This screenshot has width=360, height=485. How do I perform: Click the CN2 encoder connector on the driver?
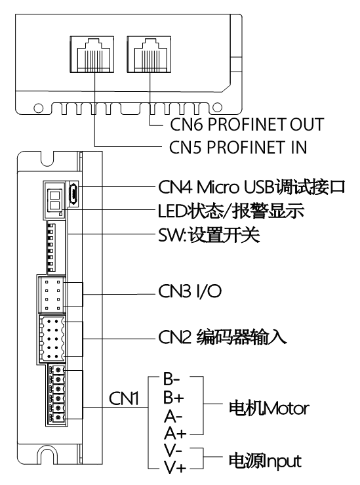coord(56,339)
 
